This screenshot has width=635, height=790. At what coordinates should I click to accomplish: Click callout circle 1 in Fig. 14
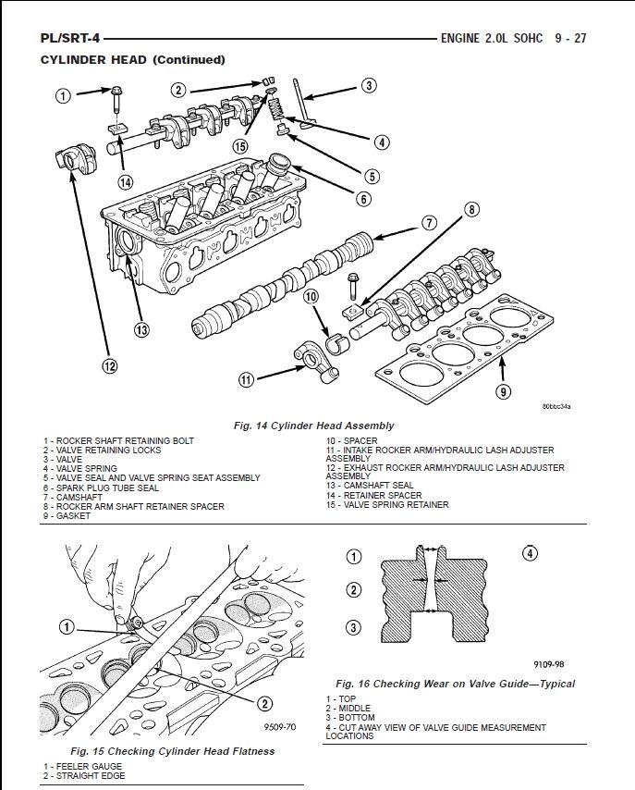[x=63, y=95]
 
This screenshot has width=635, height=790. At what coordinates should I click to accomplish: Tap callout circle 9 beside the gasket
[x=503, y=391]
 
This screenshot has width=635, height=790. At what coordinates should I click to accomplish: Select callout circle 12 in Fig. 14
[x=110, y=365]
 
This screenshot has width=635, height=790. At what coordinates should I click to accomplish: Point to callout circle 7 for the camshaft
[x=429, y=222]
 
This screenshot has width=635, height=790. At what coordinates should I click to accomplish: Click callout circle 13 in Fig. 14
[x=140, y=329]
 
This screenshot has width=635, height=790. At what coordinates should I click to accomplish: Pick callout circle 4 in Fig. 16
[x=530, y=554]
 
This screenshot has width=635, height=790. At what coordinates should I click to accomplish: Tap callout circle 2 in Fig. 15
[x=264, y=703]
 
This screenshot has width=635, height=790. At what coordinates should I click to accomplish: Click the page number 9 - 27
[x=571, y=39]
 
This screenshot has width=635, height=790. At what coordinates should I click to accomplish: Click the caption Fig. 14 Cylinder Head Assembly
[x=315, y=426]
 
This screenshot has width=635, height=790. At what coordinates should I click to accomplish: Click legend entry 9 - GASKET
[x=67, y=516]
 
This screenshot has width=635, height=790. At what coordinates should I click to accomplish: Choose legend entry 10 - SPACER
[x=351, y=440]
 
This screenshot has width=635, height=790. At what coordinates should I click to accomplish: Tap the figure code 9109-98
[x=548, y=664]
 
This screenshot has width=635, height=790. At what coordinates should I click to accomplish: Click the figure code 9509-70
[x=278, y=728]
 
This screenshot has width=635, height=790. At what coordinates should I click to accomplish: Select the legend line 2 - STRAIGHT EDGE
[x=84, y=774]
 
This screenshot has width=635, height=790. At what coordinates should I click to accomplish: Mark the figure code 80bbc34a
[x=556, y=405]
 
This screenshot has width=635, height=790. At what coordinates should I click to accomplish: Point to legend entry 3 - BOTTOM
[x=350, y=718]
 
